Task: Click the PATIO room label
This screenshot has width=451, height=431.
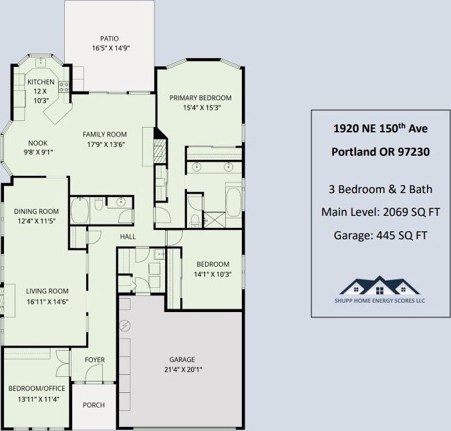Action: [x=110, y=39]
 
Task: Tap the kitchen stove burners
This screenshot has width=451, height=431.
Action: [x=63, y=87]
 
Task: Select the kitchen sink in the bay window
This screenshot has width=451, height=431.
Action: [x=41, y=62]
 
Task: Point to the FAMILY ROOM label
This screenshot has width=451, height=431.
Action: [x=105, y=134]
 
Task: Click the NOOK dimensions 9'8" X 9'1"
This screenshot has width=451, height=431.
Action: [x=39, y=152]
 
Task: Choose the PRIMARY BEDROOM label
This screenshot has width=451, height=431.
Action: [x=200, y=98]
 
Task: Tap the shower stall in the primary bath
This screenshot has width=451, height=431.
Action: [x=214, y=220]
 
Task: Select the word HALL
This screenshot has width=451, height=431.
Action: [x=128, y=237]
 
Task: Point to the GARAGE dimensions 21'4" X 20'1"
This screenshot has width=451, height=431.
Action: [x=183, y=370]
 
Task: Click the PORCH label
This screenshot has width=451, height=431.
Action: [x=94, y=405]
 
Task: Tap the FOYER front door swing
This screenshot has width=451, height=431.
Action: [x=94, y=374]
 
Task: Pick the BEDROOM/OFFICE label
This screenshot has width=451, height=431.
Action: [x=37, y=389]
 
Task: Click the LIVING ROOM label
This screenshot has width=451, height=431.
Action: [x=47, y=291]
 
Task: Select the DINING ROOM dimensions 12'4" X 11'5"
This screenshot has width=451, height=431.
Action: [x=37, y=221]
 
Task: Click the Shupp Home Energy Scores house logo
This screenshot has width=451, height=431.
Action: [x=380, y=285]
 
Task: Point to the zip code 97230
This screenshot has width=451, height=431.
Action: [x=414, y=152]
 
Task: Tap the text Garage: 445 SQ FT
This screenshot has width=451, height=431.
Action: [x=381, y=235]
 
